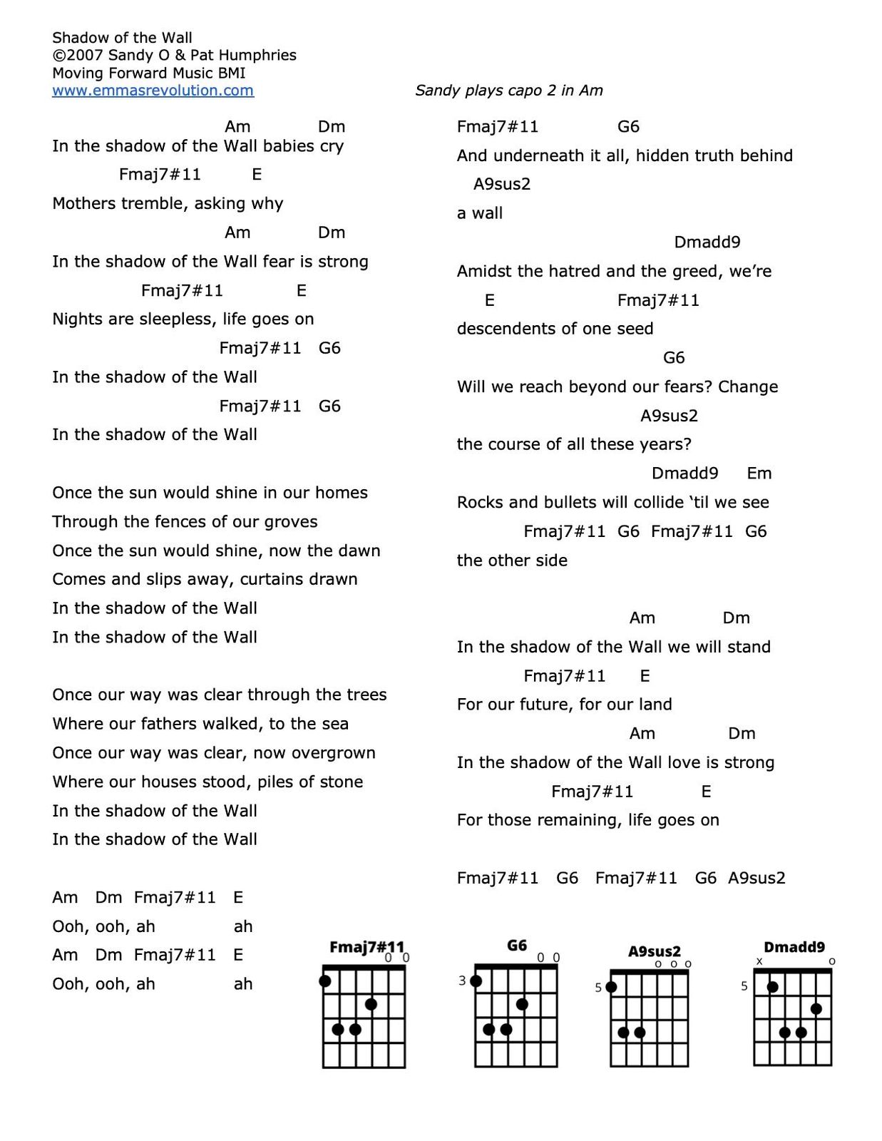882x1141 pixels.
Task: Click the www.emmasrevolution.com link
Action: [153, 91]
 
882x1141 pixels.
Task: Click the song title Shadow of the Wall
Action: [122, 38]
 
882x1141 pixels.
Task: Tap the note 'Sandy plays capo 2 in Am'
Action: [508, 91]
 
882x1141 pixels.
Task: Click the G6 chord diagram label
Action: [517, 945]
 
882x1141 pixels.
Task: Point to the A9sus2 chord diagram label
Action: [654, 951]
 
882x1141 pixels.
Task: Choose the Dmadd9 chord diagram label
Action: [794, 947]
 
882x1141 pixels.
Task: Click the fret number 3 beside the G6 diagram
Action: [462, 981]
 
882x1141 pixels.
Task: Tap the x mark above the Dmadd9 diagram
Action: [759, 961]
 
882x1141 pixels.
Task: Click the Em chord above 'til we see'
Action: [759, 474]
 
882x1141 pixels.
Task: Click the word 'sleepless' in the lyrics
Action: [178, 319]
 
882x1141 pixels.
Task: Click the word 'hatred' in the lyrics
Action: [573, 271]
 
